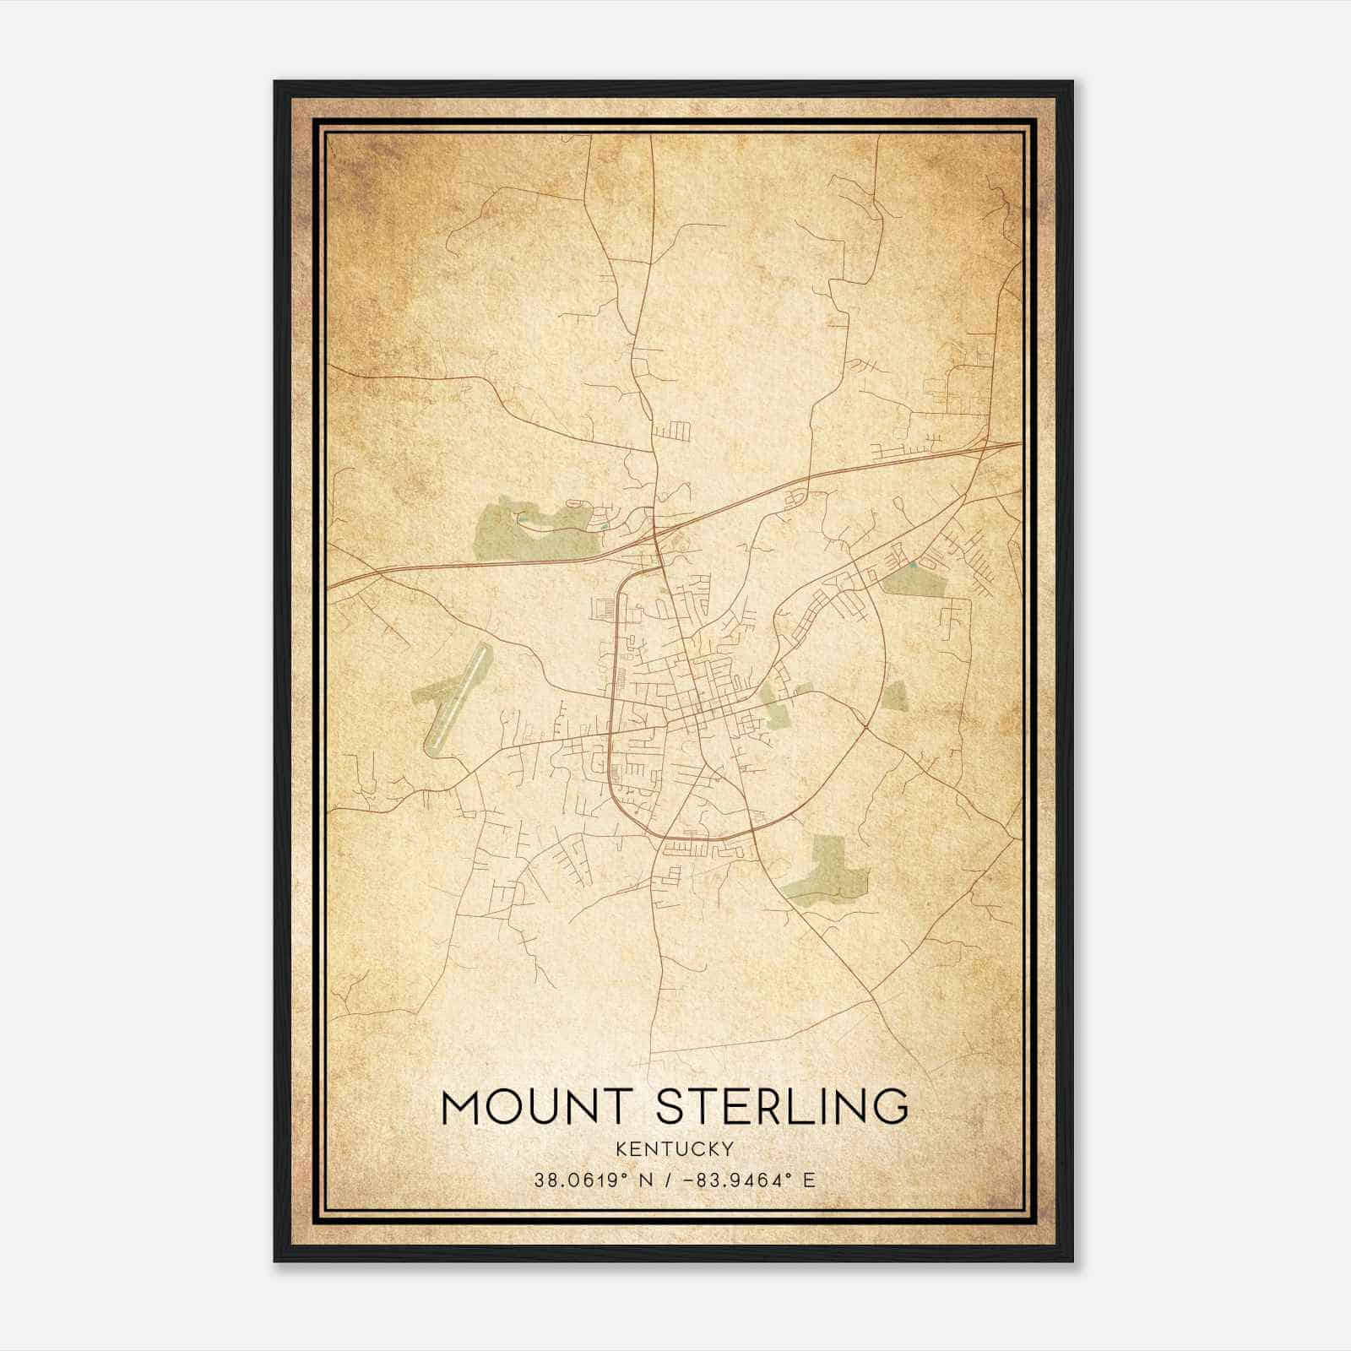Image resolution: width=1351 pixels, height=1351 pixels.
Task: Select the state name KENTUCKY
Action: [675, 1149]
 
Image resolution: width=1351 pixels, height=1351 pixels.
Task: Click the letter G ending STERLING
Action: [889, 1107]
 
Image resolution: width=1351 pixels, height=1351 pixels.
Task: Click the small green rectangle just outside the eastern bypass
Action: [896, 696]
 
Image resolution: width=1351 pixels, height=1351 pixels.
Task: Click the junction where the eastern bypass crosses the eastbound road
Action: [865, 724]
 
